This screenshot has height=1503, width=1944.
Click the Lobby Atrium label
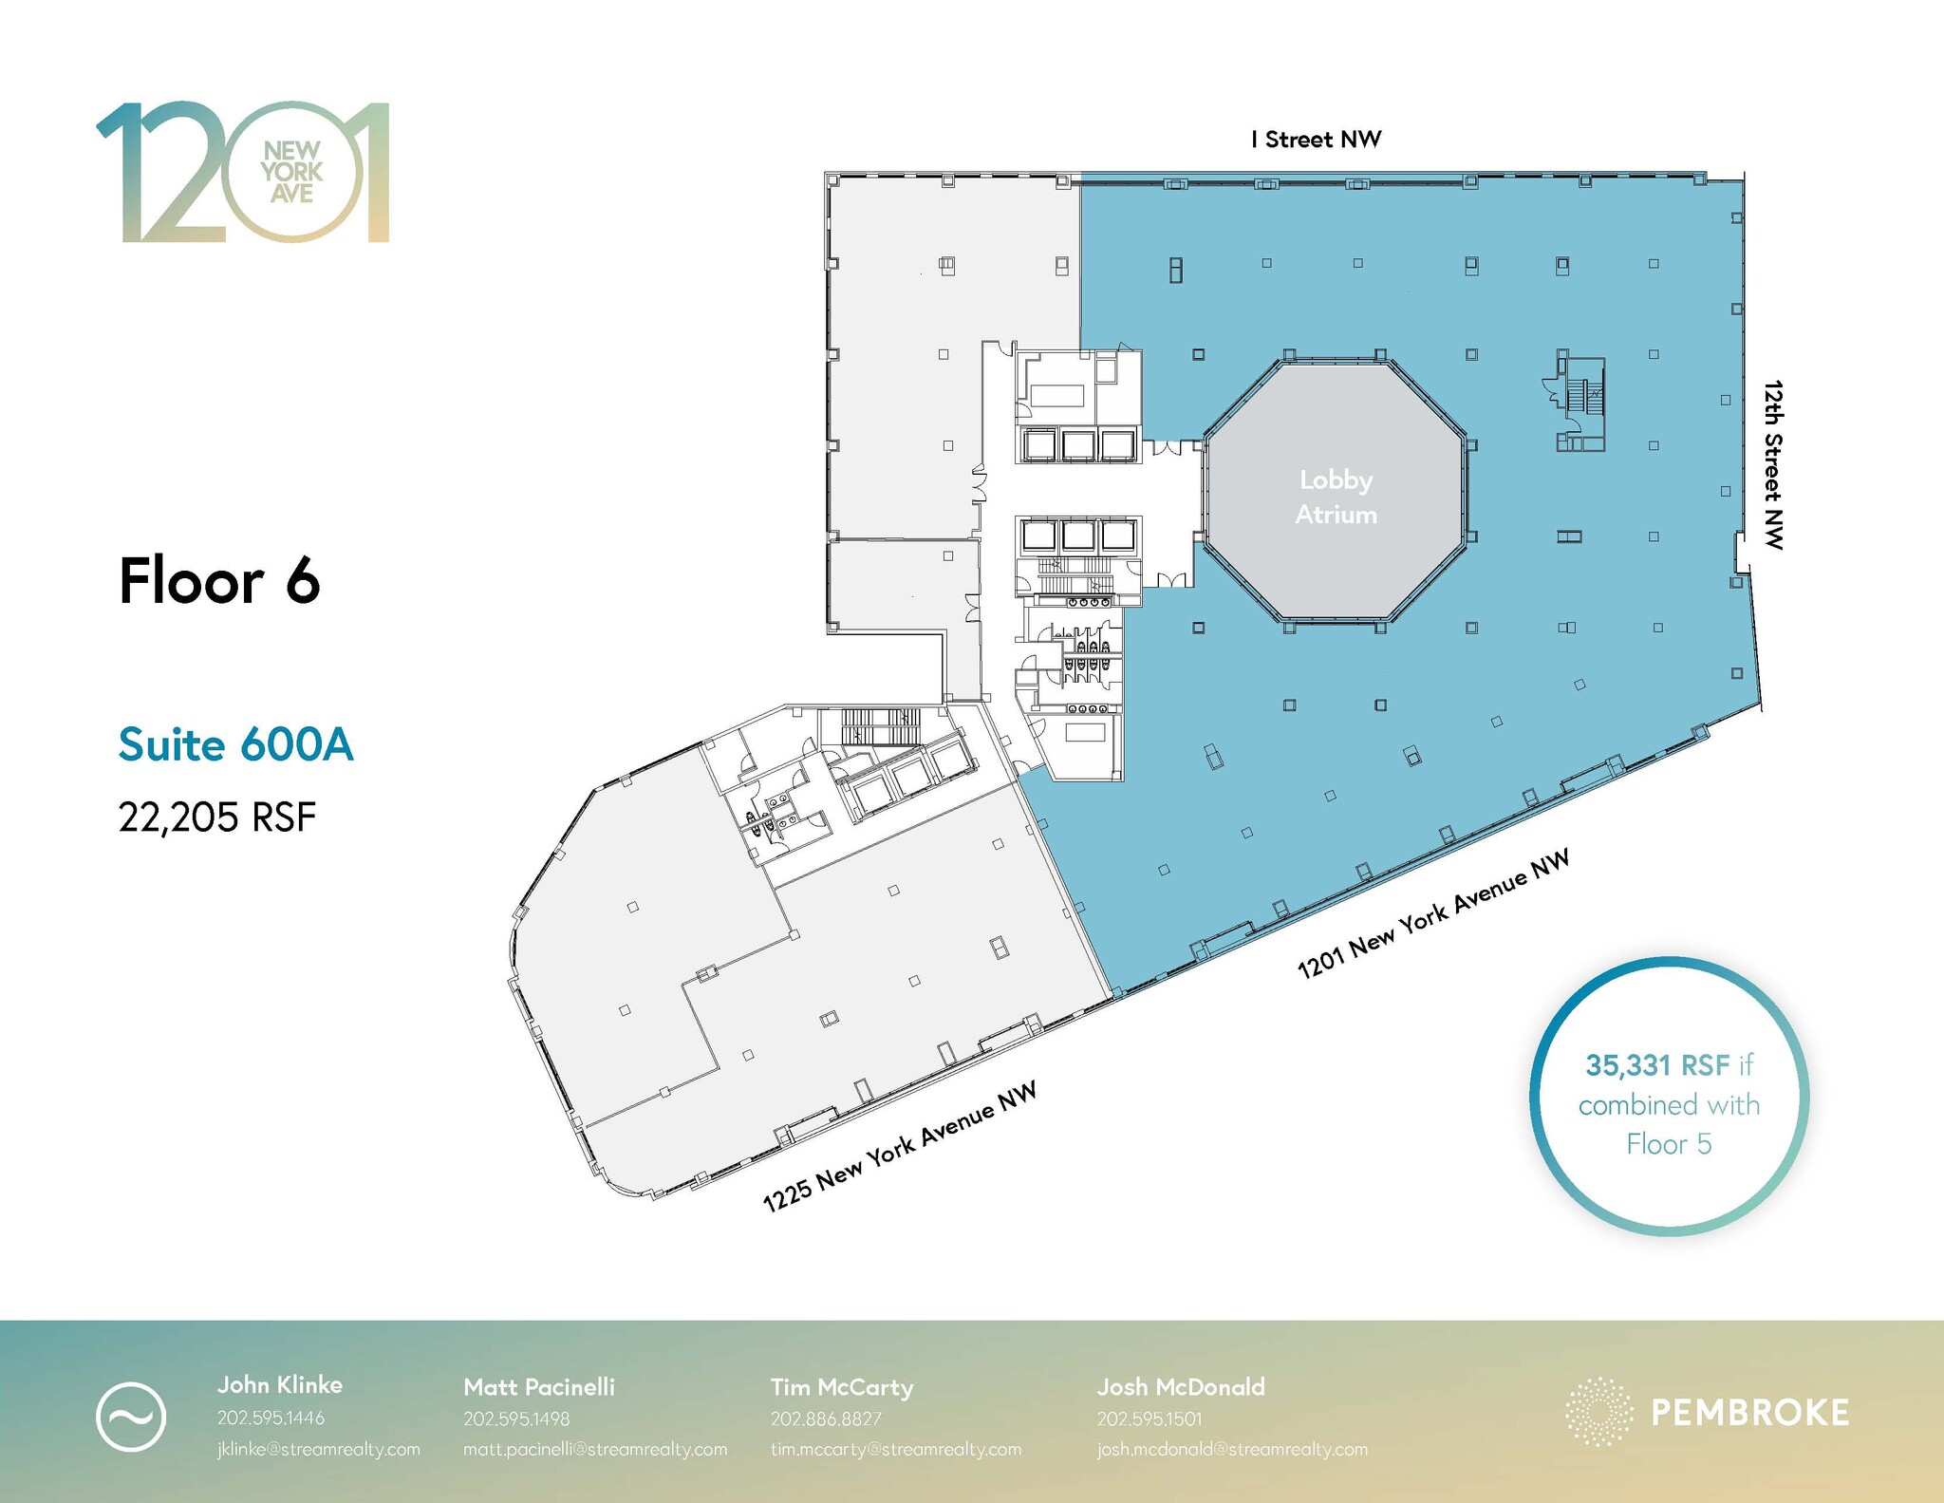point(1336,497)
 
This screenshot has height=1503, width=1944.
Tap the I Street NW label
point(1316,140)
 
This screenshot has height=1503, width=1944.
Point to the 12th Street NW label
point(1773,464)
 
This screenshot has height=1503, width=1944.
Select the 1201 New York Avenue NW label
point(1433,913)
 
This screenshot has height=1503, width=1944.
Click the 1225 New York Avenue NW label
point(899,1147)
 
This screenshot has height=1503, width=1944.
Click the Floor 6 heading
point(219,580)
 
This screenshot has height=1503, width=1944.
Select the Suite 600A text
point(236,744)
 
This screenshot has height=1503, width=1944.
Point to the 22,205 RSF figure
point(217,817)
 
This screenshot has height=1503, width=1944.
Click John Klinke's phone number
point(271,1418)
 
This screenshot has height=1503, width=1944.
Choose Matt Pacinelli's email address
point(595,1450)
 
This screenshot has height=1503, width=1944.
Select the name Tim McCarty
point(842,1387)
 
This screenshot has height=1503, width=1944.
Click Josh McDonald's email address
point(1232,1450)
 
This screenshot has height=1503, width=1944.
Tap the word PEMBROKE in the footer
point(1750,1413)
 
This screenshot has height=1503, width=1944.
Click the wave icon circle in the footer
point(131,1417)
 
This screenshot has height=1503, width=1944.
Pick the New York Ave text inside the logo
point(292,172)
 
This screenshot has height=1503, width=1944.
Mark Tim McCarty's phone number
point(826,1418)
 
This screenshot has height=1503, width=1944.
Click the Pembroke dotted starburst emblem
point(1599,1412)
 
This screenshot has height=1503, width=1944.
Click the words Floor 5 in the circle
point(1669,1144)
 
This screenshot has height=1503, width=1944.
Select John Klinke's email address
point(319,1450)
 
